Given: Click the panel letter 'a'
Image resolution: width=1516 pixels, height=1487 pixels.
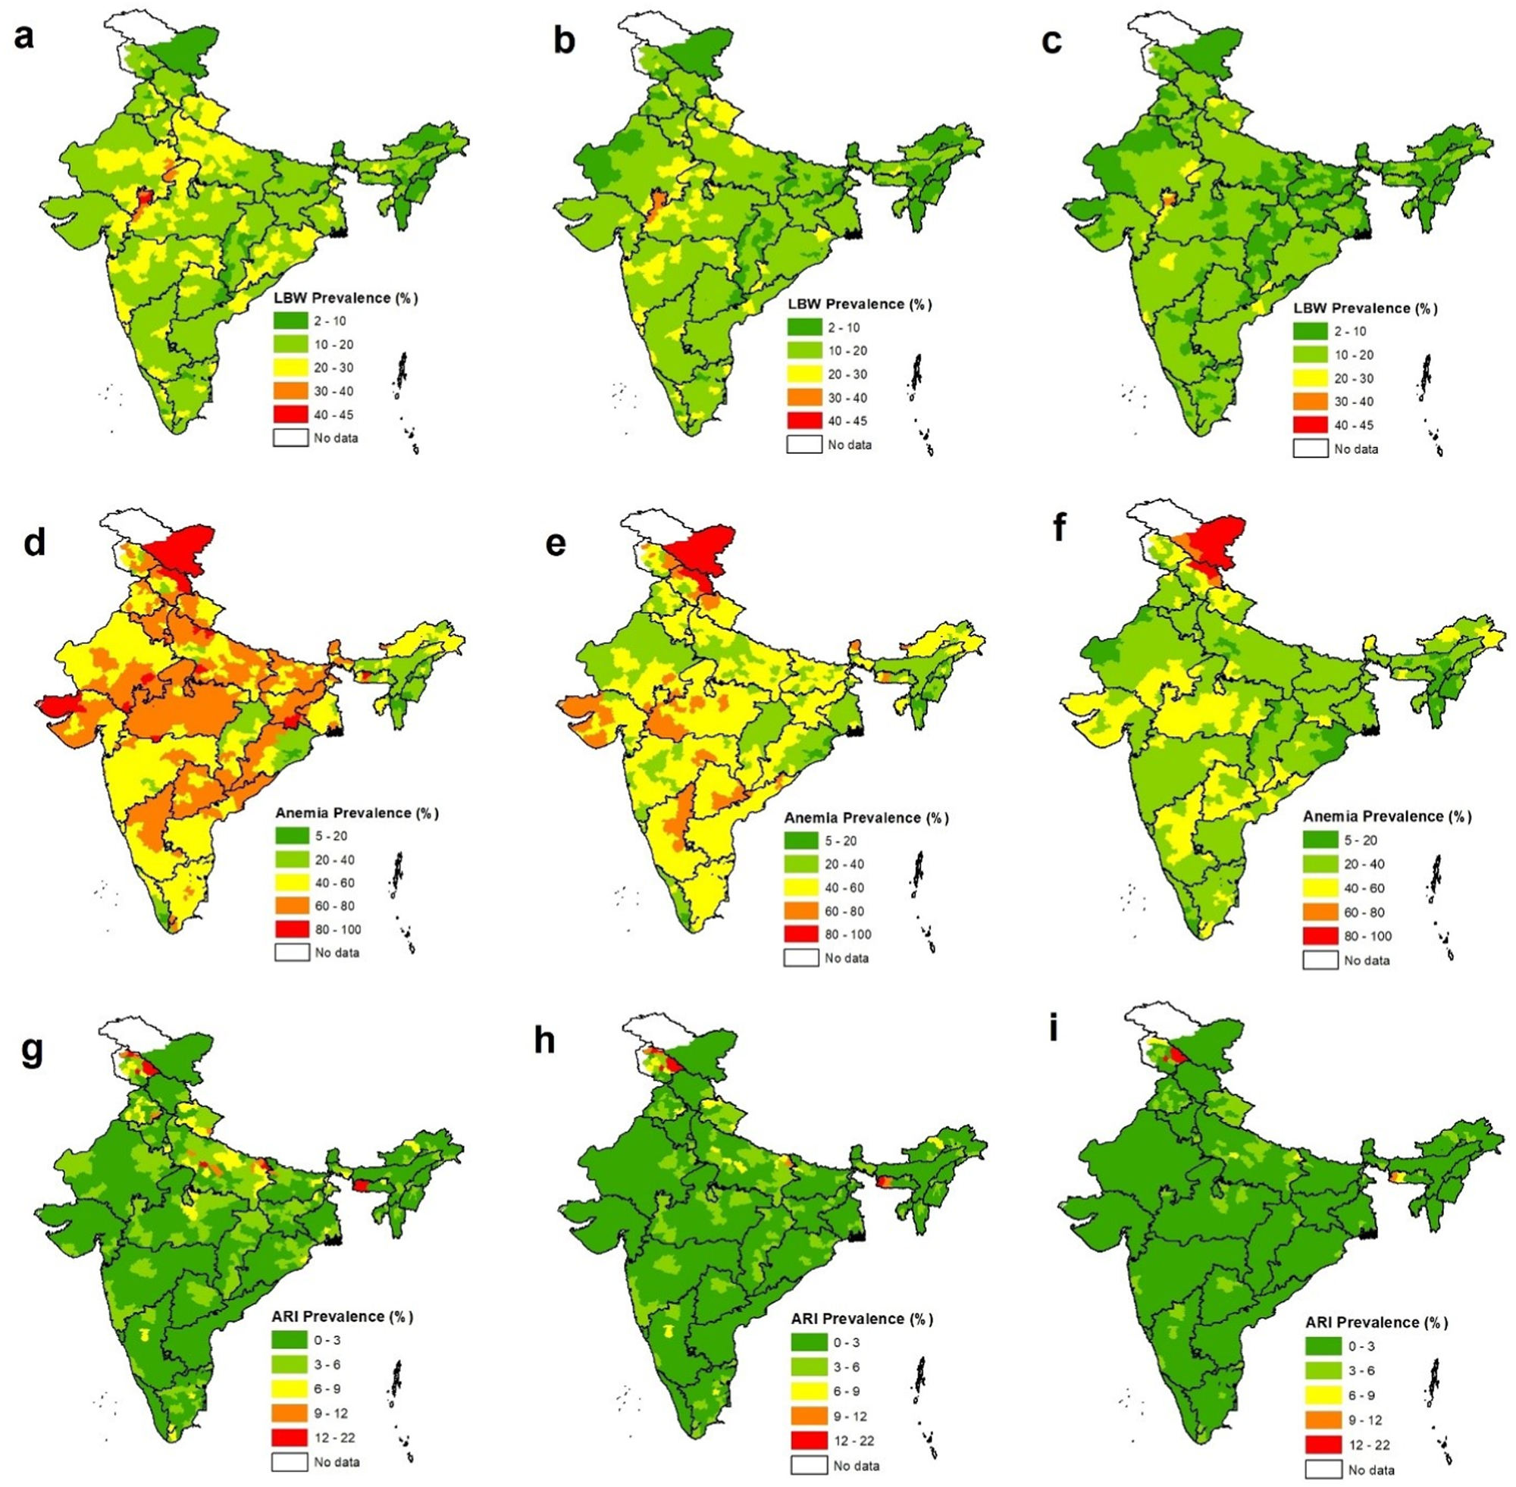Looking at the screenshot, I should point(23,36).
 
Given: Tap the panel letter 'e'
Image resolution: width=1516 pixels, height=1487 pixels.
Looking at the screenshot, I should point(556,543).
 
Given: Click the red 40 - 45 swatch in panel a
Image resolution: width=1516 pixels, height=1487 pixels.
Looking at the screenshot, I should point(290,415).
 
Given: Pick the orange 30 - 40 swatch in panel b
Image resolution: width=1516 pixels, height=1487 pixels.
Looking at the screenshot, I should point(804,398).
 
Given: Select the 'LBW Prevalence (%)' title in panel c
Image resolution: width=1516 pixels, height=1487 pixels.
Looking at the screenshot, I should point(1364,308).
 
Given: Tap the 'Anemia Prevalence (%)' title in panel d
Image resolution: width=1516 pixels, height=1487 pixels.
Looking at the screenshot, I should point(357,813).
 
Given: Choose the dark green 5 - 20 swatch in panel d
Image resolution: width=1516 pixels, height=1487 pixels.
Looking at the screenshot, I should point(291,837).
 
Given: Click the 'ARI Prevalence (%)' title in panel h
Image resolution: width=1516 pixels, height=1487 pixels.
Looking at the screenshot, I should point(862,1319).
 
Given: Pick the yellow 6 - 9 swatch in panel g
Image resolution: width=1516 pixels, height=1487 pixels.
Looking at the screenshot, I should point(290,1389).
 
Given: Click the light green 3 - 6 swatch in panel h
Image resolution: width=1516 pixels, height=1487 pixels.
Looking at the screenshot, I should point(808,1367).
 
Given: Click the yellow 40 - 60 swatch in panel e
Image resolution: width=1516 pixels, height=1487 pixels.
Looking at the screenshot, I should point(801,888).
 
